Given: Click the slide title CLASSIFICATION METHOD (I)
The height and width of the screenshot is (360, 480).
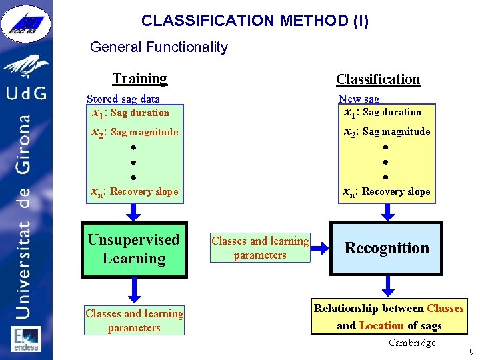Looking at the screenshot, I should [255, 21].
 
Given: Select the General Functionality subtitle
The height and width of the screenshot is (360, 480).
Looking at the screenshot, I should [159, 47].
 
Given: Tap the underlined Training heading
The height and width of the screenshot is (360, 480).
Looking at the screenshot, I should [139, 79].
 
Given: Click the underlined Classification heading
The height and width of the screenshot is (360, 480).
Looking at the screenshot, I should [378, 79].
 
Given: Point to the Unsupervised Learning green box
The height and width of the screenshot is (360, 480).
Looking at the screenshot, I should [134, 249].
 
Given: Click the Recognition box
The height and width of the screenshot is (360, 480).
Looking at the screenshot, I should [386, 248].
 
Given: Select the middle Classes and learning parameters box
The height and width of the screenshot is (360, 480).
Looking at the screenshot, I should [260, 248].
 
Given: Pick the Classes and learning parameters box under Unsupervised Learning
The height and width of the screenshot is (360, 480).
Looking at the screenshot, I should [134, 320].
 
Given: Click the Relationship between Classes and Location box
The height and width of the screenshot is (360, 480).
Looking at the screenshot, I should [389, 317].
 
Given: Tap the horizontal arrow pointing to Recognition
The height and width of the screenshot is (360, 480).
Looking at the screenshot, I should [320, 248].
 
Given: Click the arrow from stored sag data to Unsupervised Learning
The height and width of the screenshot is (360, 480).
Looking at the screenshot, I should [134, 211].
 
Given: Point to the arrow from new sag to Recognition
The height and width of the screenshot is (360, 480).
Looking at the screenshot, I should [386, 211].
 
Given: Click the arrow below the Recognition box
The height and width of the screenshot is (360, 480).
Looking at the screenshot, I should [386, 287].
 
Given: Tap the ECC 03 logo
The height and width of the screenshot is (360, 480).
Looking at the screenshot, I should [26, 23].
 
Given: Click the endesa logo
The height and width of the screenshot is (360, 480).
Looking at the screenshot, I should [26, 339].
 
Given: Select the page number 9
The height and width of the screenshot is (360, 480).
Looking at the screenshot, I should [471, 351].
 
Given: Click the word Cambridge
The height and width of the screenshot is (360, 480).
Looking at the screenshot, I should [412, 343].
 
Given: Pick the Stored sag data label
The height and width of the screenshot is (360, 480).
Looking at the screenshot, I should [123, 99].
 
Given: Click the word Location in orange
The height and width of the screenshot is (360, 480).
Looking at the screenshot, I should [381, 325].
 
